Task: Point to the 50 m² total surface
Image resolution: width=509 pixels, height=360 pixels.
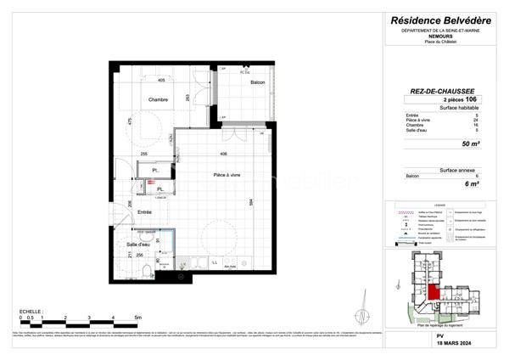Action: pyautogui.click(x=466, y=145)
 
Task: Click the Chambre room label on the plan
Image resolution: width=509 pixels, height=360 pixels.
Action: pyautogui.click(x=159, y=100)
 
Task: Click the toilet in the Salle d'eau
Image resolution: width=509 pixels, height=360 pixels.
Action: pyautogui.click(x=148, y=270)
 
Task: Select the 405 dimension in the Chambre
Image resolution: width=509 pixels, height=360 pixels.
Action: pyautogui.click(x=160, y=80)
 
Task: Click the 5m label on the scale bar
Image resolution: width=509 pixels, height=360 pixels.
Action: pyautogui.click(x=137, y=318)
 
